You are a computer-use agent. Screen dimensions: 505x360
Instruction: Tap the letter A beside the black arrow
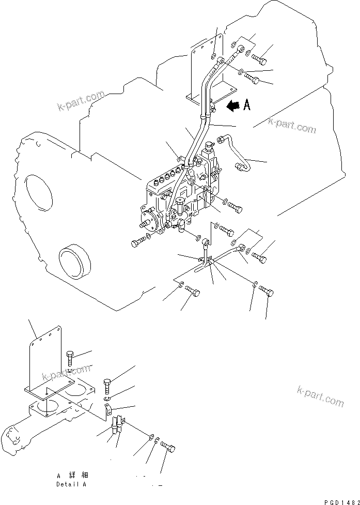(247, 105)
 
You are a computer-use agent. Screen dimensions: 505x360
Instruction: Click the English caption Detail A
(71, 484)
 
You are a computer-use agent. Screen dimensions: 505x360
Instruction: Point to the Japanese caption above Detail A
(71, 475)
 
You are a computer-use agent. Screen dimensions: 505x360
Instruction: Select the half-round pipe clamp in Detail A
(107, 410)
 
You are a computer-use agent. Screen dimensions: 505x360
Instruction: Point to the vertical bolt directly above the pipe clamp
(108, 385)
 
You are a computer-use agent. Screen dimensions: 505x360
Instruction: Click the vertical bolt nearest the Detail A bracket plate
(71, 358)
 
